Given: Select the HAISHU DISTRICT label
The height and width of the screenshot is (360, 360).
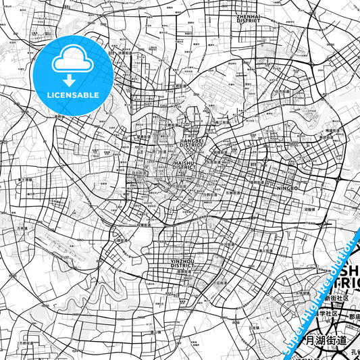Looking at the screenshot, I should coord(184,165).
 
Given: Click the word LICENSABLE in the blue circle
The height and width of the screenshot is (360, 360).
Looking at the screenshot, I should coord(72,95).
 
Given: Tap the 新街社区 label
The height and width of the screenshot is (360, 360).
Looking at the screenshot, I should coord(335,298).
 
